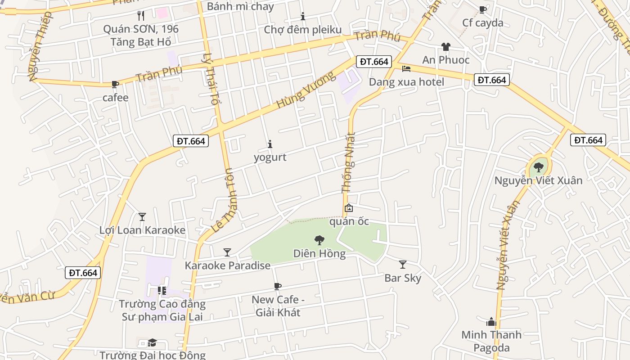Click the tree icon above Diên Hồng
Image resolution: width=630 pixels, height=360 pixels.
[x=319, y=240]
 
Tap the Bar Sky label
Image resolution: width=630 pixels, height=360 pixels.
[x=403, y=278]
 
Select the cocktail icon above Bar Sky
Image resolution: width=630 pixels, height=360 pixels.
[x=403, y=265]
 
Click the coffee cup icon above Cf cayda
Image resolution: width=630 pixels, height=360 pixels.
[x=483, y=9]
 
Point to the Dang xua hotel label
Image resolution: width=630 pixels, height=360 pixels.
[x=406, y=82]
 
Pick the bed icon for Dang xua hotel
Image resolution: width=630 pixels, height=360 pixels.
[x=406, y=69]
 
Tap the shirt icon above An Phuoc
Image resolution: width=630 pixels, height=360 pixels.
[x=445, y=47]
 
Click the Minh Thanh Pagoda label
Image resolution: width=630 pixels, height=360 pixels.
[x=491, y=341]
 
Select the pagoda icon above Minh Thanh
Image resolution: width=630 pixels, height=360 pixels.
[x=491, y=322]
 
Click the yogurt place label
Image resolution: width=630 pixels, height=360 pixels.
[x=270, y=157]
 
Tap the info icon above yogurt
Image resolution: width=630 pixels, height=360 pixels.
[x=270, y=144]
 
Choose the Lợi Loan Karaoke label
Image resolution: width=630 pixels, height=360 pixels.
[x=142, y=230]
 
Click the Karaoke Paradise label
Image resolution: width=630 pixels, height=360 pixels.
[x=228, y=265]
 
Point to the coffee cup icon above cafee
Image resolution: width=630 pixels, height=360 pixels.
[x=115, y=84]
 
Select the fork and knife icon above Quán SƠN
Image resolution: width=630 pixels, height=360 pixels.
[x=141, y=16]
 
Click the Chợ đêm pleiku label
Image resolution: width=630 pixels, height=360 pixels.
[x=303, y=30]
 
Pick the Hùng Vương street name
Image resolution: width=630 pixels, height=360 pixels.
[x=306, y=90]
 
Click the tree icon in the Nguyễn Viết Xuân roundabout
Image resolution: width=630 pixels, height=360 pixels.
[x=538, y=168]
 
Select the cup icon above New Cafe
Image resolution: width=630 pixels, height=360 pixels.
[x=278, y=286]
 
